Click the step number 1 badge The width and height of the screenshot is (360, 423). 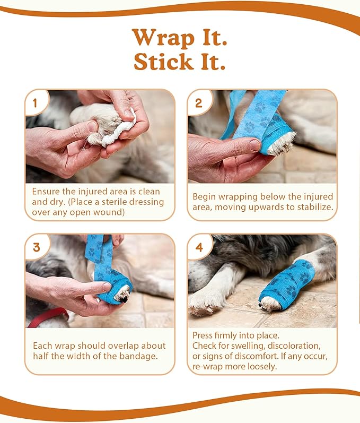click(36, 103)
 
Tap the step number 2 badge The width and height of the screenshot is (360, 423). click(198, 103)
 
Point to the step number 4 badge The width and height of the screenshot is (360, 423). click(199, 247)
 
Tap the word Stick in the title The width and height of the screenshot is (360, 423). click(163, 62)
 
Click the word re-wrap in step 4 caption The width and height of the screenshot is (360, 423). click(209, 366)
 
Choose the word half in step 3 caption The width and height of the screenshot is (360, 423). click(42, 356)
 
